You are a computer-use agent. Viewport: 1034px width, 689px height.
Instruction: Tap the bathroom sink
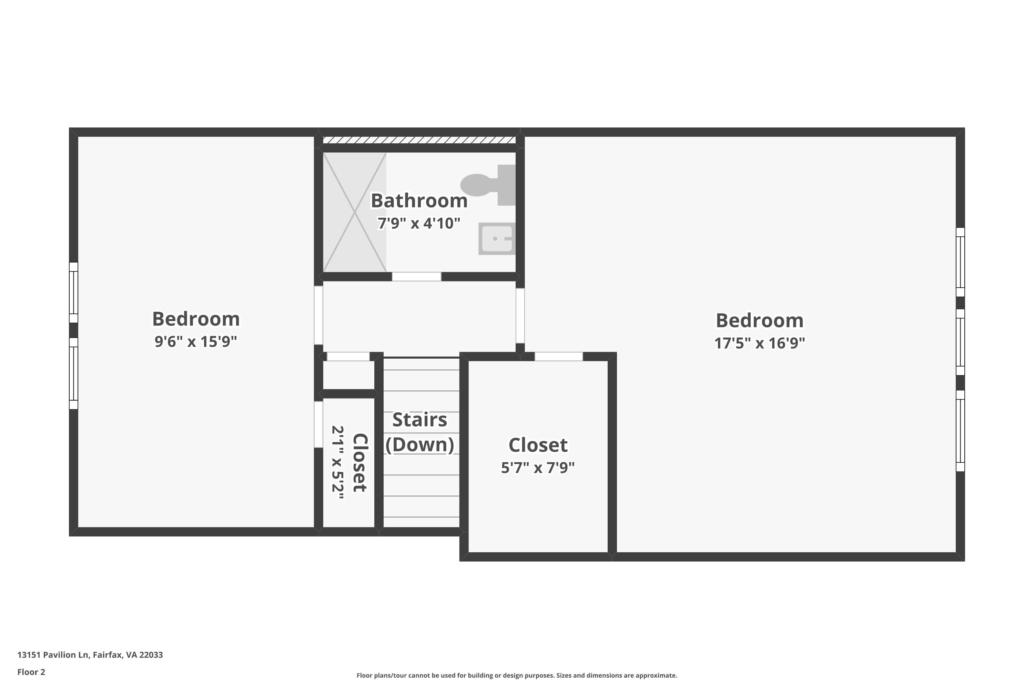tap(497, 239)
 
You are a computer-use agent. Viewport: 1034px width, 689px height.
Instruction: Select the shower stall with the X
tap(354, 212)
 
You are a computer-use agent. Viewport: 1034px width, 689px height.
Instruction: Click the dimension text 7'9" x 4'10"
tap(419, 223)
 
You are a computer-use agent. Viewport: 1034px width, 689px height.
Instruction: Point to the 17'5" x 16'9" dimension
tap(760, 343)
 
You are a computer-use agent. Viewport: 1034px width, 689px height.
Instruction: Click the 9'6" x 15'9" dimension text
tap(196, 341)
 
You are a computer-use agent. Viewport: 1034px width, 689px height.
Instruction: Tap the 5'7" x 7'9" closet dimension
tap(538, 467)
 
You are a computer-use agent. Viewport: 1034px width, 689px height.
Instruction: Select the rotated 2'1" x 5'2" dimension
tap(338, 462)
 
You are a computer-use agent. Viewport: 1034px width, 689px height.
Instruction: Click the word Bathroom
tap(419, 201)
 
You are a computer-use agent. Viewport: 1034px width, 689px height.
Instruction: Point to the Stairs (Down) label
tap(420, 432)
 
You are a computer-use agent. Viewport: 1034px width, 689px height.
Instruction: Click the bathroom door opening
tap(416, 276)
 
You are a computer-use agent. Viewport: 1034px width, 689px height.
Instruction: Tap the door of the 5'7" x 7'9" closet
tap(559, 356)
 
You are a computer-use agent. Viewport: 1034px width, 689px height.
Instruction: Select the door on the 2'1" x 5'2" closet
tap(318, 424)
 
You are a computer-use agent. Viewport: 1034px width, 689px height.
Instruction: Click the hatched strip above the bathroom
tap(419, 140)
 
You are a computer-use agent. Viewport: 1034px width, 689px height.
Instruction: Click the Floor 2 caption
tap(31, 672)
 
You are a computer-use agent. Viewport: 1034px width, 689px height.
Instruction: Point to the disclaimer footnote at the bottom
tap(517, 675)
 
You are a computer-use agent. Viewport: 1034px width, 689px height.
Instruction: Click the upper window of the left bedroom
tap(73, 292)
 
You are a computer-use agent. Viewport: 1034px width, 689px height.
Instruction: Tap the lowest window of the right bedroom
tap(960, 431)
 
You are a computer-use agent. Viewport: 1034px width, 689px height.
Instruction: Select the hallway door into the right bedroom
tap(520, 316)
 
